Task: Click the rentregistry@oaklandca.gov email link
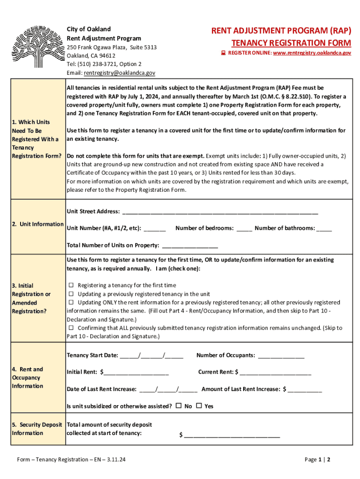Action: [x=119, y=73]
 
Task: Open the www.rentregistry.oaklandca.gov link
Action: [x=312, y=53]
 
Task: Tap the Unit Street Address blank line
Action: [x=220, y=212]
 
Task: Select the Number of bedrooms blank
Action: [x=244, y=229]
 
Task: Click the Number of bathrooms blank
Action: [x=324, y=229]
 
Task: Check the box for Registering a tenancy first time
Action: [x=72, y=285]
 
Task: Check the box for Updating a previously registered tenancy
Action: [x=72, y=294]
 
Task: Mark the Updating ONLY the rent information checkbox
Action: [x=72, y=303]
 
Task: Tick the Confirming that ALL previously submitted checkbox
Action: [x=72, y=328]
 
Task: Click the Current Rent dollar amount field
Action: [x=275, y=373]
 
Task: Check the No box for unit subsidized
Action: [x=179, y=406]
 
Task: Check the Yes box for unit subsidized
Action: [x=199, y=406]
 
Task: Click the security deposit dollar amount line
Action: [x=232, y=436]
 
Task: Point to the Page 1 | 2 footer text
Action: [x=317, y=460]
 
